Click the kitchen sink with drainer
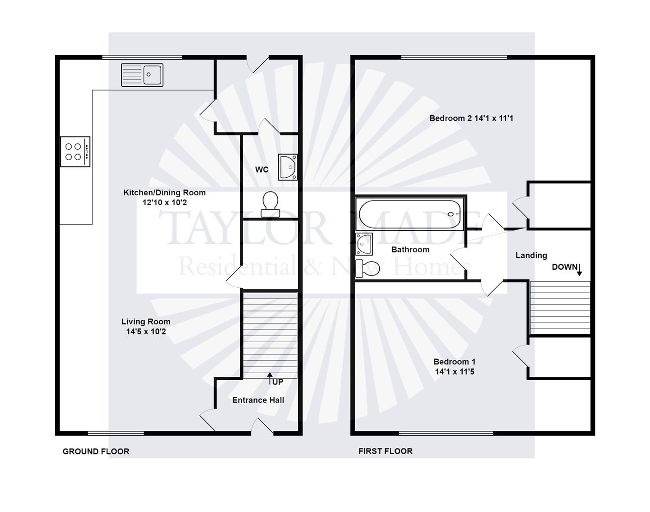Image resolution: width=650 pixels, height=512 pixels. (x=142, y=75)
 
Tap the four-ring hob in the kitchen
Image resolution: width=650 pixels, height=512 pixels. (x=75, y=152)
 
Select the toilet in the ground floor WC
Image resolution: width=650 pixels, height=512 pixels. (x=270, y=204)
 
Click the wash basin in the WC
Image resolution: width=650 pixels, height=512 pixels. (x=288, y=167)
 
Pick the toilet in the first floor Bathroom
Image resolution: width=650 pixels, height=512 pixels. (x=367, y=268)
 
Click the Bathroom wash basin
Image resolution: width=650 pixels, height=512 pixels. (x=364, y=244)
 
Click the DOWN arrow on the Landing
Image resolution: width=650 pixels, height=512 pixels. (x=579, y=270)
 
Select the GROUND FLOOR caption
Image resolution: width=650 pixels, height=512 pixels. (x=96, y=451)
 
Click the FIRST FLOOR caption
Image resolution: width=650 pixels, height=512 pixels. (x=385, y=451)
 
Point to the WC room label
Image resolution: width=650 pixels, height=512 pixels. (x=262, y=170)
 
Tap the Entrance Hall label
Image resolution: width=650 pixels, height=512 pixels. (x=258, y=400)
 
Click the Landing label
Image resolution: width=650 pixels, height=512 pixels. (x=531, y=256)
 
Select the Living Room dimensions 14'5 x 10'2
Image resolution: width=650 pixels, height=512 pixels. (x=146, y=332)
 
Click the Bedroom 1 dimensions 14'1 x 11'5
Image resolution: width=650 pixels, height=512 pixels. (x=455, y=372)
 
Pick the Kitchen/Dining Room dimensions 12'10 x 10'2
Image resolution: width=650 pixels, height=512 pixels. (x=165, y=202)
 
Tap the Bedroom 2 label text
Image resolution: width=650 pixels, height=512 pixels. (x=450, y=118)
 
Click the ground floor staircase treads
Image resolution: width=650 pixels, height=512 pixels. (x=270, y=335)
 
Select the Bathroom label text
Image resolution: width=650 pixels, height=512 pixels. (x=410, y=249)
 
